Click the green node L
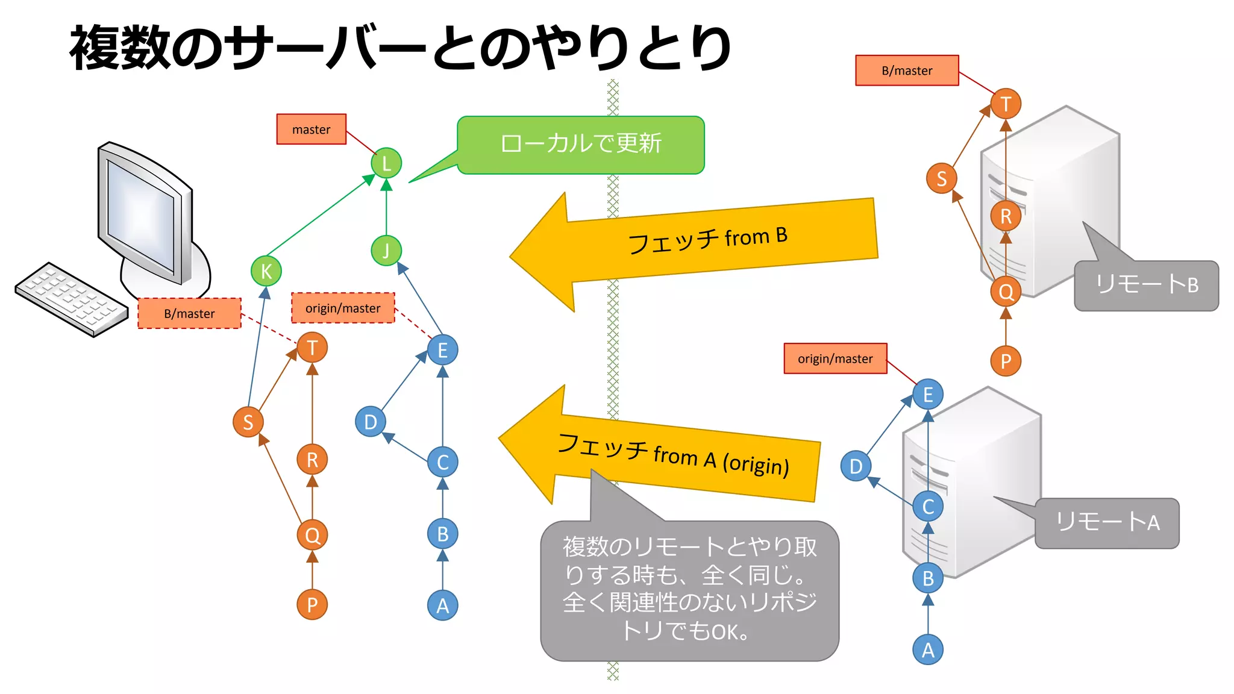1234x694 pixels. (386, 163)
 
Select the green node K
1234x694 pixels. (266, 271)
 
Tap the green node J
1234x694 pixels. (386, 251)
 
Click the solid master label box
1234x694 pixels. (311, 130)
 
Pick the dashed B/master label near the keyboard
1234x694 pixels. (189, 313)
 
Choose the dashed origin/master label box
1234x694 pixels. (343, 308)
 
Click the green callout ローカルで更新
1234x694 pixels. (580, 145)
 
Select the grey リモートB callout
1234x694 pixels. (1146, 286)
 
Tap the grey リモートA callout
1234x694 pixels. (1107, 523)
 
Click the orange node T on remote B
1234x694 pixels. (1006, 104)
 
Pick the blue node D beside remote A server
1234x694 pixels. (856, 466)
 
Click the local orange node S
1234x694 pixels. (248, 422)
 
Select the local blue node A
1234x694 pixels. (442, 605)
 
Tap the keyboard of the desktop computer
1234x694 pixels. (71, 298)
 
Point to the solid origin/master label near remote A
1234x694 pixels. (835, 359)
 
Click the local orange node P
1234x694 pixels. (312, 604)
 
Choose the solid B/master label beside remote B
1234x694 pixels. (907, 70)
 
